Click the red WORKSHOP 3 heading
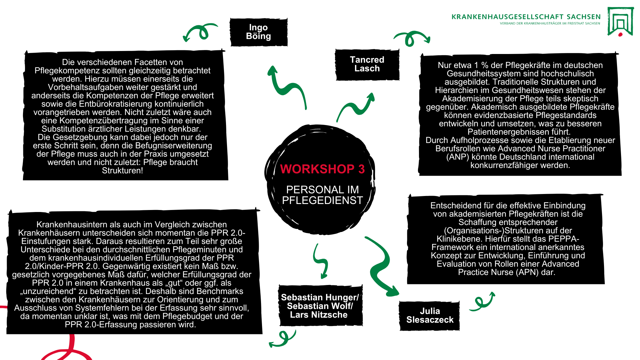coord(322,169)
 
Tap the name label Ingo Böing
coord(258,32)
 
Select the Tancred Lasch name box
coord(367,64)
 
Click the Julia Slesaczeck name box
coord(430,315)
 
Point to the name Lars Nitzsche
coord(319,315)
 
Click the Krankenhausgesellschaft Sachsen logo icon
coord(620,21)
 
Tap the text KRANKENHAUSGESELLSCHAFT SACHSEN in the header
coord(526,17)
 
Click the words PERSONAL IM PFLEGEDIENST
coord(322,195)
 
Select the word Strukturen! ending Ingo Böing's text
coord(122,171)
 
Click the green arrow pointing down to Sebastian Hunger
coord(321,262)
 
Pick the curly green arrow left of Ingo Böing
coord(200,32)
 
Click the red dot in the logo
coord(620,34)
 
